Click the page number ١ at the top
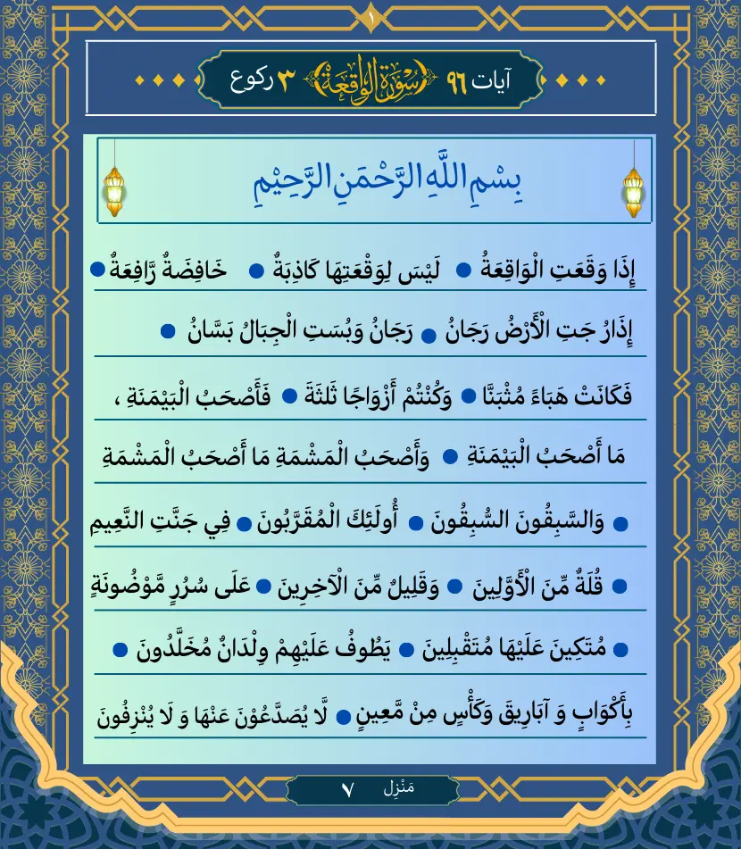pyautogui.click(x=370, y=14)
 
